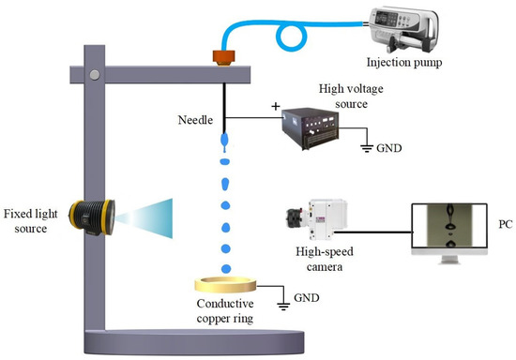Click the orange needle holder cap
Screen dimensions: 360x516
224,58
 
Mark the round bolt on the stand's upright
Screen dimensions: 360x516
92,74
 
